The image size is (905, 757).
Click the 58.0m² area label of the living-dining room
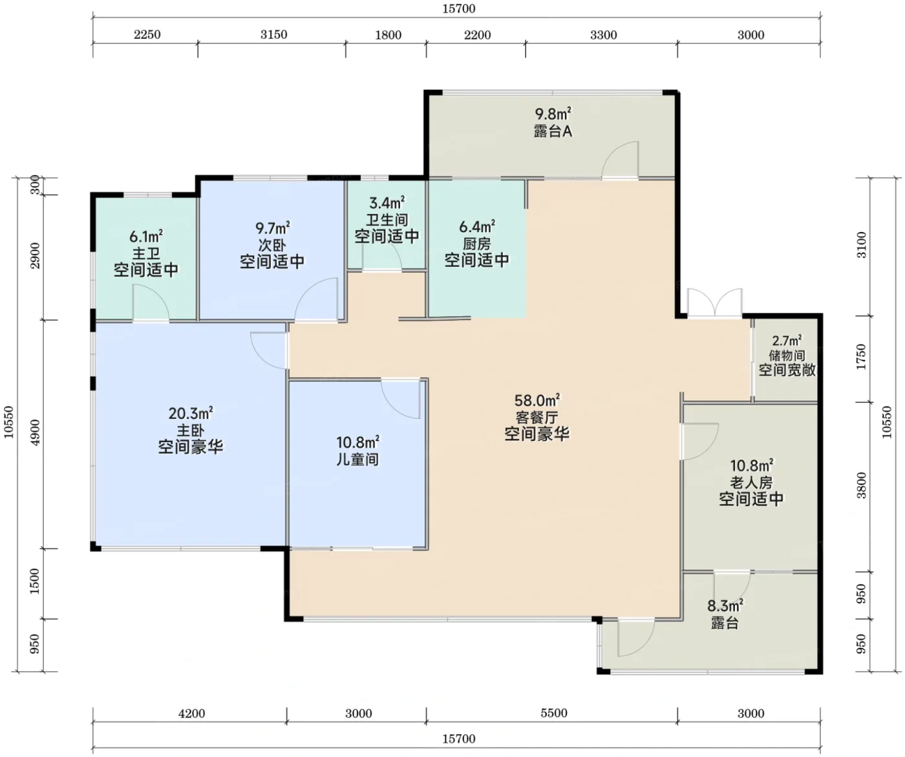537,400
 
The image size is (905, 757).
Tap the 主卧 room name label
190,431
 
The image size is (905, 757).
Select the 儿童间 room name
357,459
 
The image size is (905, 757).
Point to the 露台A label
553,131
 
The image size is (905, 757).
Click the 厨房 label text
477,244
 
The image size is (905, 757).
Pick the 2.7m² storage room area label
787,340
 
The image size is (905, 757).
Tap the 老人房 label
751,482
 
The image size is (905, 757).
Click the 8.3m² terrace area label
725,605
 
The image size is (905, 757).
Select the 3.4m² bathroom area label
387,203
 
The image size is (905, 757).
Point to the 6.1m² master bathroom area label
146,237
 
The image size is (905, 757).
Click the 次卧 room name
272,245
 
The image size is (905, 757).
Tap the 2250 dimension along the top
147,35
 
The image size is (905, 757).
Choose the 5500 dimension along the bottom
554,713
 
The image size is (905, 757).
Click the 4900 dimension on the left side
35,432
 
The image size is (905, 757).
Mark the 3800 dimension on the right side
862,485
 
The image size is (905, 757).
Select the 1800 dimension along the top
388,35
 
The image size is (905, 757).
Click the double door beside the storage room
715,303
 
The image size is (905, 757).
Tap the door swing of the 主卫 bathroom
151,303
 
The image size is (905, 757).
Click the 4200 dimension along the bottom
191,714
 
